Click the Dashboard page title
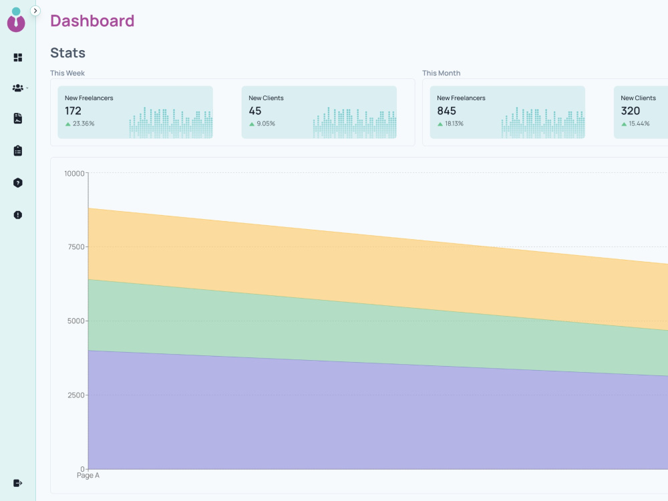click(x=92, y=21)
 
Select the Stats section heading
click(x=67, y=53)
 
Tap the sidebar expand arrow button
click(x=35, y=11)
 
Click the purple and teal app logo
click(x=16, y=19)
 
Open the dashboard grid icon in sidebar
click(x=18, y=57)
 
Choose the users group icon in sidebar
click(x=18, y=88)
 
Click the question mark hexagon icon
click(x=18, y=183)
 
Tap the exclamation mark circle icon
click(x=18, y=214)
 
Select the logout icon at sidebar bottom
click(x=18, y=483)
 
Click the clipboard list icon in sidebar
click(x=18, y=151)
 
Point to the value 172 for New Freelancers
click(x=73, y=111)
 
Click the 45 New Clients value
click(x=255, y=111)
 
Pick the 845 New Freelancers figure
click(x=446, y=111)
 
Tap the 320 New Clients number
click(x=631, y=111)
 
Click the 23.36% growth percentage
click(x=83, y=124)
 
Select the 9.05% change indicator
click(x=266, y=124)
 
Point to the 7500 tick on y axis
click(x=76, y=247)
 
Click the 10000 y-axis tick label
click(x=75, y=174)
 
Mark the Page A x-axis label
click(x=88, y=476)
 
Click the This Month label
click(x=442, y=73)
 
